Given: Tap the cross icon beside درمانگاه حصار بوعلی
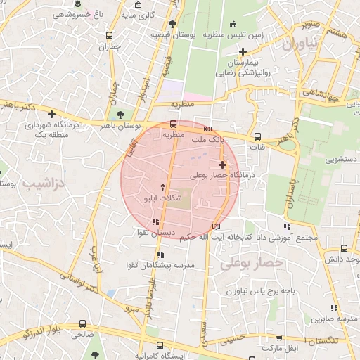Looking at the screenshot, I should [x=222, y=165].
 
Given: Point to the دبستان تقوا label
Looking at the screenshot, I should [x=157, y=232].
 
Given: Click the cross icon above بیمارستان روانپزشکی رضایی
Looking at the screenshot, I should [x=243, y=51].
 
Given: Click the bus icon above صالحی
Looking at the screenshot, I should [x=82, y=325].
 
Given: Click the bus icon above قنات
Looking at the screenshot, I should [x=257, y=136].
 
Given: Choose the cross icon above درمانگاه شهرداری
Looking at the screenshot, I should [x=51, y=114].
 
